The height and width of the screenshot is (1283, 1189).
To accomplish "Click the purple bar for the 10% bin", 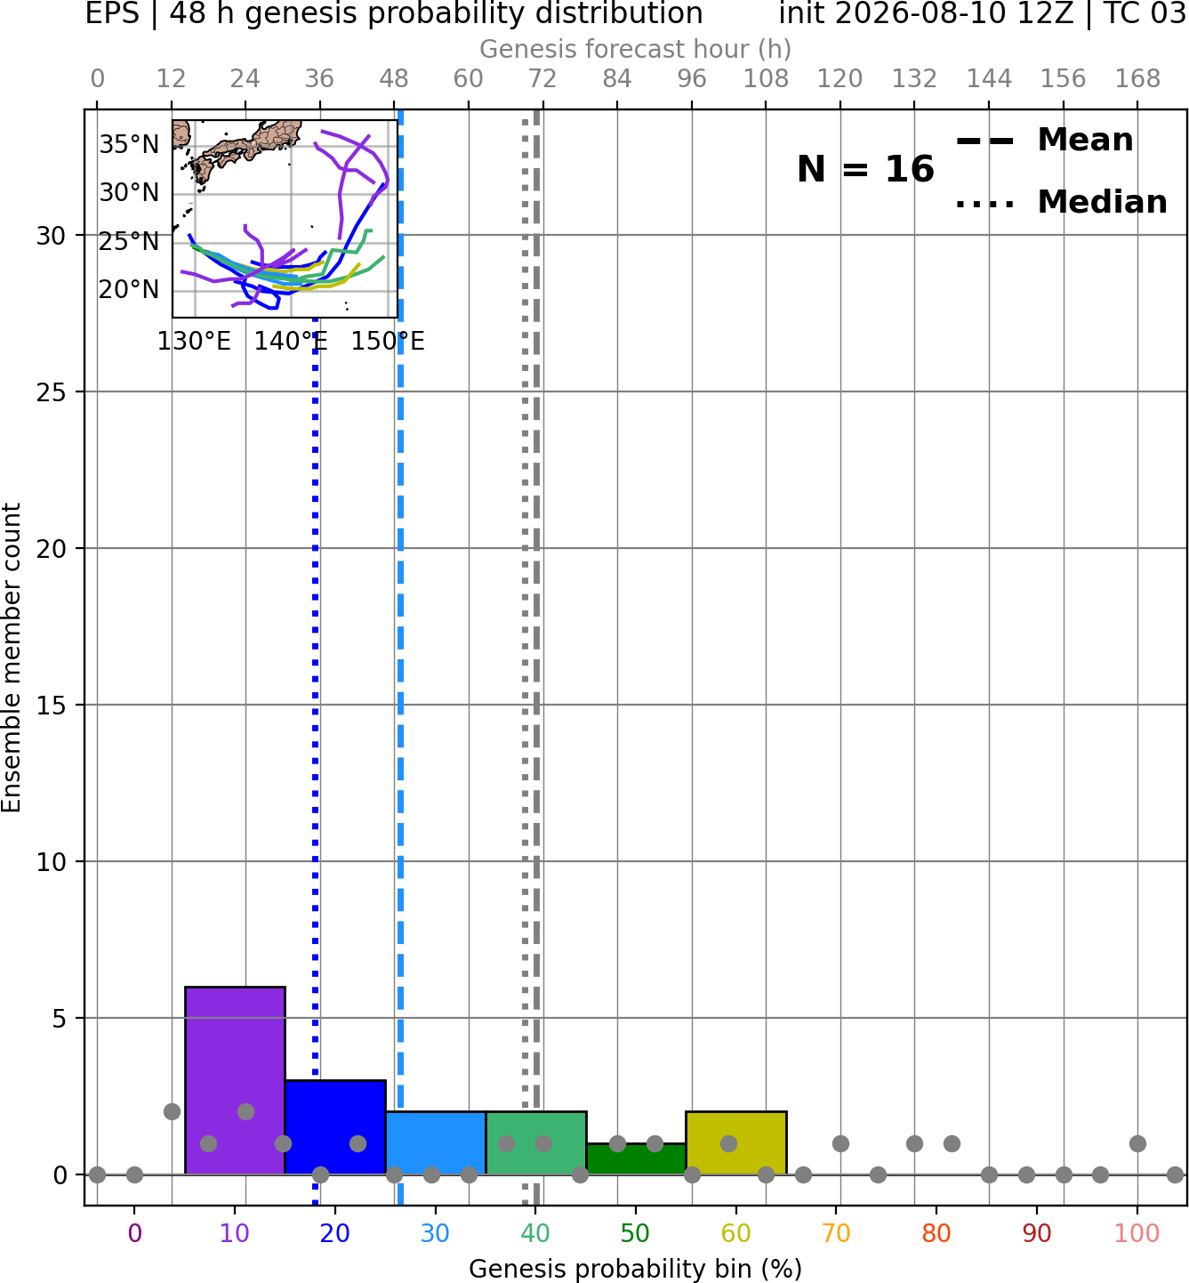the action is pos(235,1081).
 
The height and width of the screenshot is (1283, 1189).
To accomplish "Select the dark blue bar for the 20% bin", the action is pos(335,1127).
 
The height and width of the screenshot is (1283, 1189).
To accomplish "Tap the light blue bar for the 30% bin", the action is pos(436,1142).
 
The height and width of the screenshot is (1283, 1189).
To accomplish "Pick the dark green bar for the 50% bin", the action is pos(636,1159).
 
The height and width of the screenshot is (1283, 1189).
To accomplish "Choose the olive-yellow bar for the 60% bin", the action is pos(736,1142).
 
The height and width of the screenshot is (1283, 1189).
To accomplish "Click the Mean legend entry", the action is pos(1044,141).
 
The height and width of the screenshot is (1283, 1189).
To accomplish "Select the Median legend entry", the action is pos(1062,202).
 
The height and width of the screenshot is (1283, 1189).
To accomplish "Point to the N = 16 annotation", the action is pos(865,169).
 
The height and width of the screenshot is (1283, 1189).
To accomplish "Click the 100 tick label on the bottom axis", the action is pos(1137,1233).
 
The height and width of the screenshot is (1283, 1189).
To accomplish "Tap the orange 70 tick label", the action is pos(836,1233).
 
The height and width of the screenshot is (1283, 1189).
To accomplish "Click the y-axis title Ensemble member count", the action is pos(12,658).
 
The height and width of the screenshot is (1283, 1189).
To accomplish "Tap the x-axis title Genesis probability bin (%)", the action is pos(636,1269).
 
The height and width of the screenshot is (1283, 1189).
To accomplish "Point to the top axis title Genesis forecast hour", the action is pos(636,49).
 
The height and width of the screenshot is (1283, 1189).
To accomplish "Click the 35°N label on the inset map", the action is pos(129,144).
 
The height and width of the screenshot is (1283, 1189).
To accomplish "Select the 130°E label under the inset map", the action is pos(194,341).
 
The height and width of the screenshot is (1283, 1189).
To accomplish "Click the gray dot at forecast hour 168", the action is pos(1137,1143).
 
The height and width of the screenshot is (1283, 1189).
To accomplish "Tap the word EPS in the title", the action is pos(112,13).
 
